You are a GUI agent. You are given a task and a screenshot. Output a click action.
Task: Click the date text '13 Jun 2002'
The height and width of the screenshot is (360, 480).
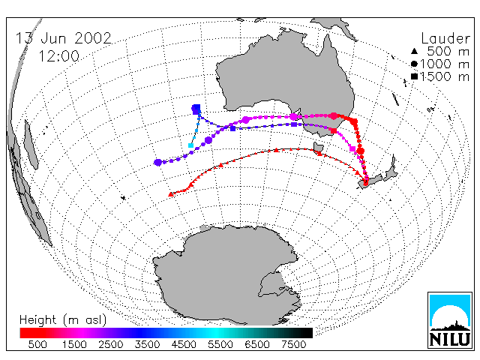click(63, 38)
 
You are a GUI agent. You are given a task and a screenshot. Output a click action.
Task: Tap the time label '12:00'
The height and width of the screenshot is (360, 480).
click(59, 56)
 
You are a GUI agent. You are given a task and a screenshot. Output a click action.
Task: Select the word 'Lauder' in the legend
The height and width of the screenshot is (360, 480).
click(445, 38)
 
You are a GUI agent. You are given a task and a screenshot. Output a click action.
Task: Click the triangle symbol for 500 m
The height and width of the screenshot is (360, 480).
click(414, 51)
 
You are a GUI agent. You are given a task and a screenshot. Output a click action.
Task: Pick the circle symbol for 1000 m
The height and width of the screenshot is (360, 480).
click(414, 64)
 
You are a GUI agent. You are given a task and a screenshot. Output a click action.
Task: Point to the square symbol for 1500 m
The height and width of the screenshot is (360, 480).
click(414, 76)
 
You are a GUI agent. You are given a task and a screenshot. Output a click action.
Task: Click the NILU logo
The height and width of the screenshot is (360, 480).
click(450, 320)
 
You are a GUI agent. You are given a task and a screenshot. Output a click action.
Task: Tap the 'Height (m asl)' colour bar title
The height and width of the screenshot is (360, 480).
click(63, 320)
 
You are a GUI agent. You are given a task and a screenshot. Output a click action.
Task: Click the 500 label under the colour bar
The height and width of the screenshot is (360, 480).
click(37, 344)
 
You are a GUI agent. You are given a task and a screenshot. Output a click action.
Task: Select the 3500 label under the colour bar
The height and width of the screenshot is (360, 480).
click(147, 344)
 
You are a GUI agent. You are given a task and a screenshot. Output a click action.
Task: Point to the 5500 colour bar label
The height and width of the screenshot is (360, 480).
click(220, 344)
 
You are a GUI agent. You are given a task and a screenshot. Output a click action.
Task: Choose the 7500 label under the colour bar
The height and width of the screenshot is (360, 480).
click(293, 344)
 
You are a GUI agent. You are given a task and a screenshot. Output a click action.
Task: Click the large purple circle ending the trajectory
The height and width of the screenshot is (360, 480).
click(158, 163)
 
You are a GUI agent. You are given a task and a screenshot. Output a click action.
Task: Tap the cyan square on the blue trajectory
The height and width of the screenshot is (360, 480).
click(191, 145)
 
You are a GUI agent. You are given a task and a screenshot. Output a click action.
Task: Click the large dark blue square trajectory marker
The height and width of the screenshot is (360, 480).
click(196, 109)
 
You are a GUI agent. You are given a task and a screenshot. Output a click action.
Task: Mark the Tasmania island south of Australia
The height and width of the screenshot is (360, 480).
click(318, 147)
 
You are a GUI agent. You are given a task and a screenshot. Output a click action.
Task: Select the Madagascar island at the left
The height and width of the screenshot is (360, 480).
click(31, 145)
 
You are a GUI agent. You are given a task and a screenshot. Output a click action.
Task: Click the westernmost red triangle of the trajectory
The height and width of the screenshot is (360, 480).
click(171, 194)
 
